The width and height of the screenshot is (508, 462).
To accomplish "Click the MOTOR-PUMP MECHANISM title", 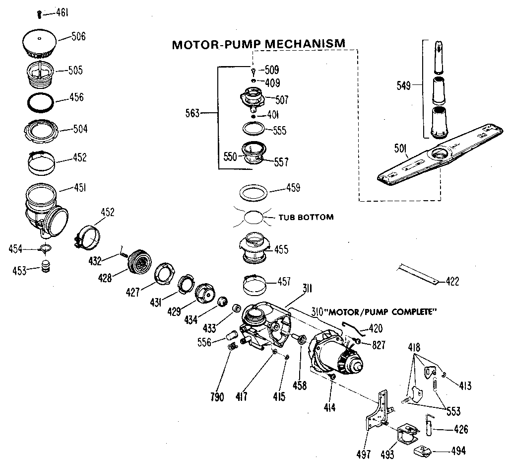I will [x=258, y=44].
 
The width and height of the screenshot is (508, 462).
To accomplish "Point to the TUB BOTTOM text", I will [x=306, y=217].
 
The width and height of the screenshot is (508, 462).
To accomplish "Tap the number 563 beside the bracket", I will [x=192, y=113].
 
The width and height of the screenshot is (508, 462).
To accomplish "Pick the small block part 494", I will [x=422, y=452].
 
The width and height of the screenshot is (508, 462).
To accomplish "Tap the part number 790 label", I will [x=217, y=397].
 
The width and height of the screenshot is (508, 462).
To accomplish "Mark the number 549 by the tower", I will [x=404, y=85].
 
